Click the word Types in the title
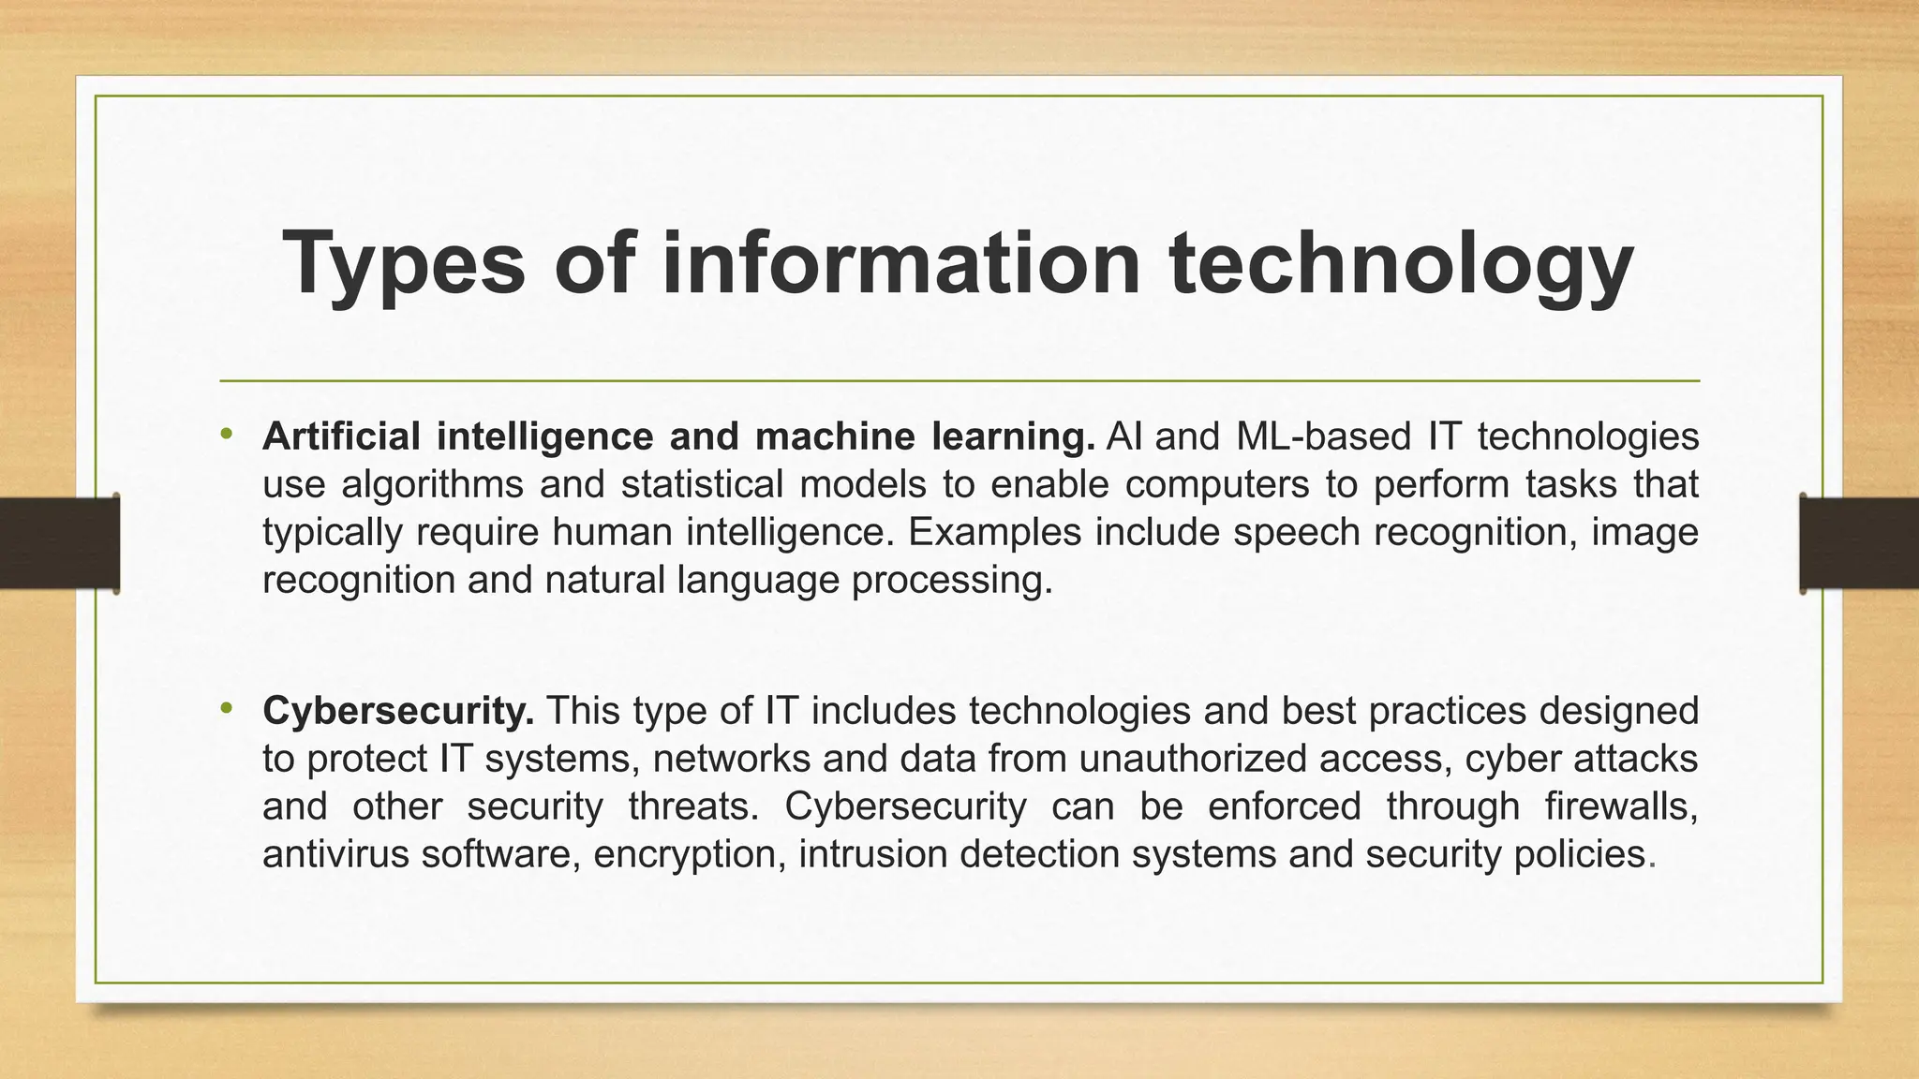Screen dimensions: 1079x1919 click(x=404, y=264)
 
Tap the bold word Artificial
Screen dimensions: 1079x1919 click(x=341, y=436)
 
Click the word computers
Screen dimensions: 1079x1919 click(x=1217, y=485)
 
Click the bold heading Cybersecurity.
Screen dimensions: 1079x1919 click(x=398, y=712)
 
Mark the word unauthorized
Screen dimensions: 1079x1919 click(x=1193, y=759)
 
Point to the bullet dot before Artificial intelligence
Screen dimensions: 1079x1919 click(x=226, y=434)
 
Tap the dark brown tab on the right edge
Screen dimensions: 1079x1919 click(x=1859, y=544)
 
